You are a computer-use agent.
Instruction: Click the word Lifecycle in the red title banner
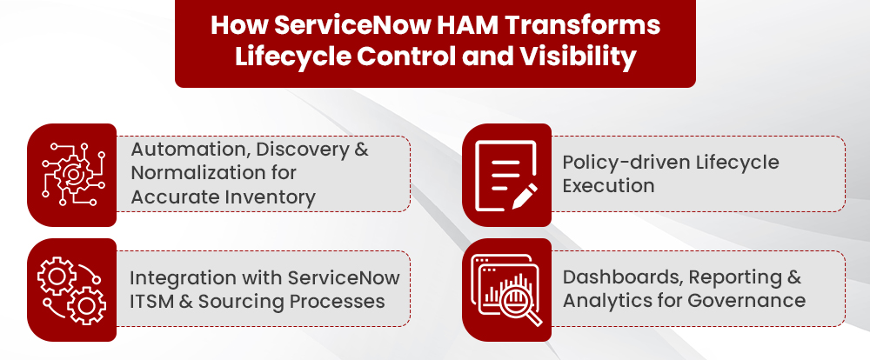[x=291, y=57]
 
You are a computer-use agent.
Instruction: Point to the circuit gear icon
[x=72, y=174]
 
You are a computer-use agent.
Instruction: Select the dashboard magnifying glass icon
[x=506, y=290]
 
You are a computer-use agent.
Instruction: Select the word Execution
[x=609, y=186]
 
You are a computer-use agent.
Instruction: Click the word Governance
[x=746, y=301]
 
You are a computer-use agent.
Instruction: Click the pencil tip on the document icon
[x=514, y=207]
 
